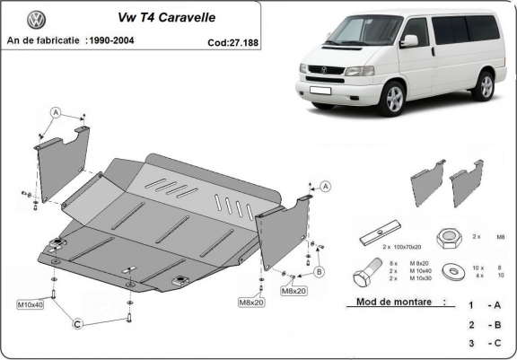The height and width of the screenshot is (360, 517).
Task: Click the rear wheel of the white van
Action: [486, 85]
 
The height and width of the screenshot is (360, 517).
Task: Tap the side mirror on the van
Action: [409, 40]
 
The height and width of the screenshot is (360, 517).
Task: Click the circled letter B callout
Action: [320, 270]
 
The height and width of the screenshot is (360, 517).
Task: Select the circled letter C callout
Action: [78, 323]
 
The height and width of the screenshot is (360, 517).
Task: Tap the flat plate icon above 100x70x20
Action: [378, 235]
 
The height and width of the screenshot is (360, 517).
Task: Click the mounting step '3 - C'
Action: [484, 343]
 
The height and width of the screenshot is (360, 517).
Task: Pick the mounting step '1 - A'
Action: [484, 306]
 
